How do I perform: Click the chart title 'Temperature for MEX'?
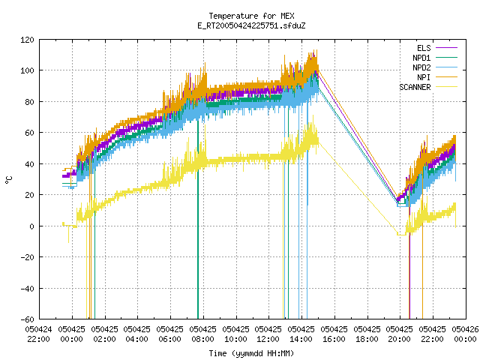tap(251, 16)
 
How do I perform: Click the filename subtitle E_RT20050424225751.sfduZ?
tap(251, 25)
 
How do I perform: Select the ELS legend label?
tap(424, 48)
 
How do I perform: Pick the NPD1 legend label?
tap(421, 58)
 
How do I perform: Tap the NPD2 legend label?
tap(421, 67)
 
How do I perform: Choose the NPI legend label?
tap(424, 77)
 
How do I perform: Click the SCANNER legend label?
tap(415, 87)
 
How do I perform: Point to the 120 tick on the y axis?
tap(27, 40)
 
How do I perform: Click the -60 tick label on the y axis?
tap(27, 319)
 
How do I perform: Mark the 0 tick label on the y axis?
tap(31, 226)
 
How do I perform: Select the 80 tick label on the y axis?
tap(29, 102)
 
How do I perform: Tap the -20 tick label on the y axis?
tap(27, 257)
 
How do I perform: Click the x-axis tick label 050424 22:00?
tap(38, 334)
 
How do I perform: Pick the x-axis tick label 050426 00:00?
tap(465, 334)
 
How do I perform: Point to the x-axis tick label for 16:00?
tap(334, 334)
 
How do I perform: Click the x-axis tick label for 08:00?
tap(202, 334)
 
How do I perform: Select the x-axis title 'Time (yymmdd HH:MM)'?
tap(251, 353)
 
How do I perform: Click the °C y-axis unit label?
tap(9, 179)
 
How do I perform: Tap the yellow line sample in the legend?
tap(447, 87)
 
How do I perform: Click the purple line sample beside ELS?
tap(447, 48)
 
